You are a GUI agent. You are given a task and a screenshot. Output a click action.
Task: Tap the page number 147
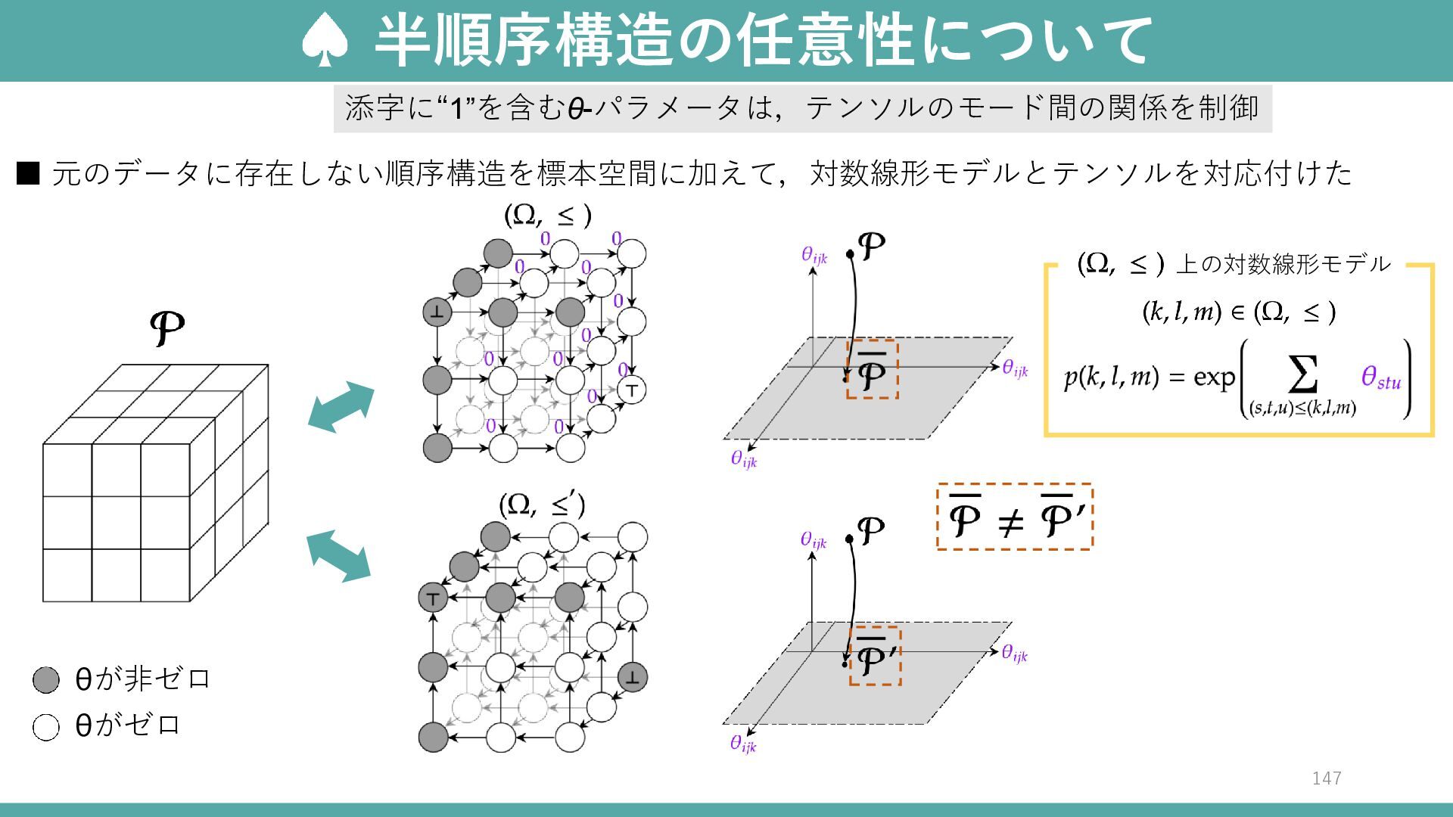pos(1327,778)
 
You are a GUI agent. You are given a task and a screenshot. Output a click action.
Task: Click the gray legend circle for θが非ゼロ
pos(46,680)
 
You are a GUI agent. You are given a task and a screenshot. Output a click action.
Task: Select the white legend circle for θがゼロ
pos(46,727)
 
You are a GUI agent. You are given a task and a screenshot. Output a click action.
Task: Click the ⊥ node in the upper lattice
pos(437,312)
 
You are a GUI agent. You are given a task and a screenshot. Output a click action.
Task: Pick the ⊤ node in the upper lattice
pos(632,390)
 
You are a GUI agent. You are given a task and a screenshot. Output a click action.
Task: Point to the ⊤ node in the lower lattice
pos(433,598)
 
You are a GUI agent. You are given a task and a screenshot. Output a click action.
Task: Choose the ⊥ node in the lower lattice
pos(632,677)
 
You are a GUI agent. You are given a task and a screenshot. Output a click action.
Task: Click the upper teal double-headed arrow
pos(341,407)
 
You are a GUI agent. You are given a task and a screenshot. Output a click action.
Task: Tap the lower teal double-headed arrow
pos(338,556)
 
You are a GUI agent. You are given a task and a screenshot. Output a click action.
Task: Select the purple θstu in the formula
pos(1380,377)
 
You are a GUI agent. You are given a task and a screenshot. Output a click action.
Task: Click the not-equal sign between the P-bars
pos(1011,521)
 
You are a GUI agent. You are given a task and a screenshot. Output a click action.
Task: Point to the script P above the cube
pos(166,328)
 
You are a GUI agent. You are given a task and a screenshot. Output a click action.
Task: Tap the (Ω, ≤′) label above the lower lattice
pos(542,505)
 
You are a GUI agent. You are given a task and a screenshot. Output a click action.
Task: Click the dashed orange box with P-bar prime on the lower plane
pos(874,656)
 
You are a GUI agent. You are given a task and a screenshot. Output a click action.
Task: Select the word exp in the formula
pos(1213,377)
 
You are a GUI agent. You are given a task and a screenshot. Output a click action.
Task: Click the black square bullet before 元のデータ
pos(27,174)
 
